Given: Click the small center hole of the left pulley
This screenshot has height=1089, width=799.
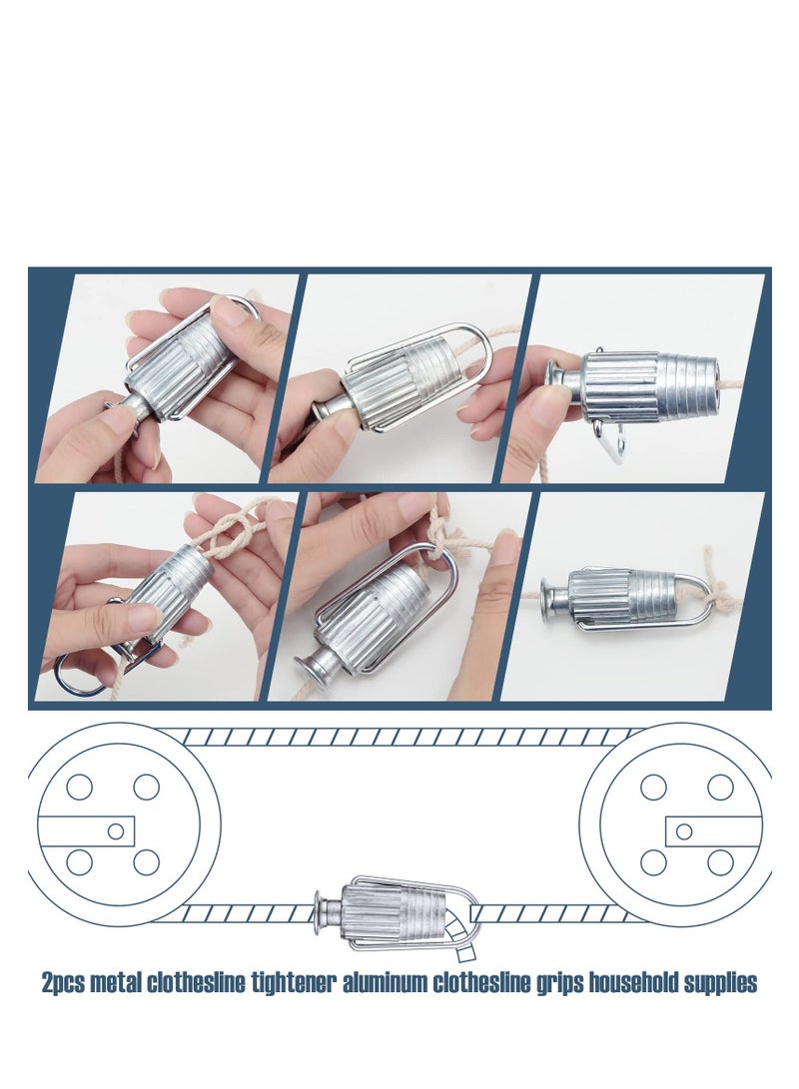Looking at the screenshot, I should point(116,830).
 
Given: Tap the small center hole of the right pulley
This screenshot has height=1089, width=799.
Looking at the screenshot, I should point(683,830).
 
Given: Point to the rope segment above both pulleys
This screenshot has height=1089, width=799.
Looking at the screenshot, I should point(399,737).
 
